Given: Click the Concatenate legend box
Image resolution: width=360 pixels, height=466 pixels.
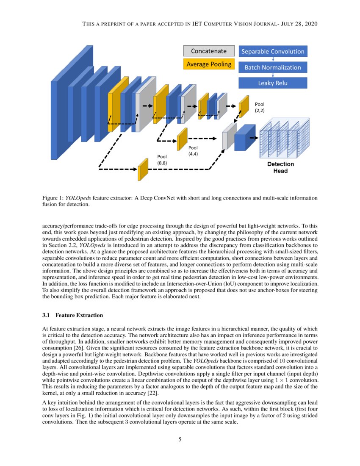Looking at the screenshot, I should click(208, 51).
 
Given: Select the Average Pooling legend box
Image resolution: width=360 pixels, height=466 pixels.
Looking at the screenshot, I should click(208, 64).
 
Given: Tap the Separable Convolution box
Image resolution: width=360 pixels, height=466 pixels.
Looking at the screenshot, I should click(273, 51).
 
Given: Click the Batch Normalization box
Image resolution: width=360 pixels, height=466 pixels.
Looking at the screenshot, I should click(273, 67).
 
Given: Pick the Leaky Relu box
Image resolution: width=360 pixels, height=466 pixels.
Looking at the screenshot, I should click(273, 83).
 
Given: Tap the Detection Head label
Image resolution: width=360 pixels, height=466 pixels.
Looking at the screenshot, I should click(280, 167).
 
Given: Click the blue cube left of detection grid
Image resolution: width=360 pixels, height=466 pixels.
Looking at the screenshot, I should click(244, 138).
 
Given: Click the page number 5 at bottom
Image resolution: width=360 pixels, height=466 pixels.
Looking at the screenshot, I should click(180, 439).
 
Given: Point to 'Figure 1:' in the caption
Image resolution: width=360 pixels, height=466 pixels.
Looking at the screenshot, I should click(53, 198).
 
